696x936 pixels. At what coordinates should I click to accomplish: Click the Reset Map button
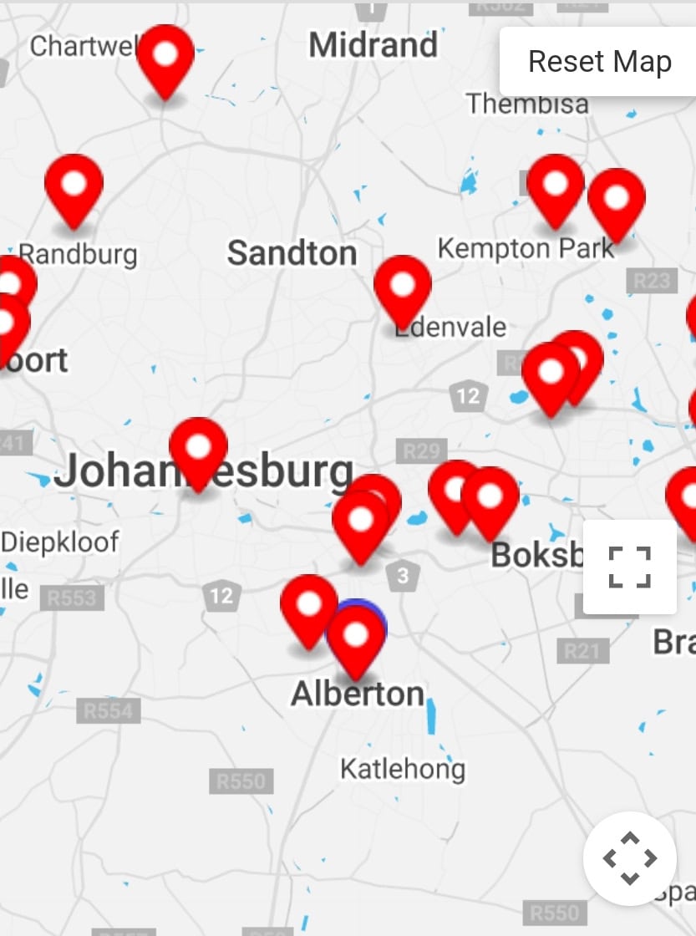point(599,62)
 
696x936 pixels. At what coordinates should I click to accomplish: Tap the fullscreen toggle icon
point(629,567)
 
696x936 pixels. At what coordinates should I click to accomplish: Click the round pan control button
point(629,857)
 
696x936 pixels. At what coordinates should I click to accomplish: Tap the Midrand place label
point(373,45)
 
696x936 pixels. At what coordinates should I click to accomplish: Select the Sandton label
point(292,253)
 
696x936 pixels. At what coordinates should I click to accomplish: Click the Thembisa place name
point(527,104)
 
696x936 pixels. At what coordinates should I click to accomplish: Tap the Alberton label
point(357,694)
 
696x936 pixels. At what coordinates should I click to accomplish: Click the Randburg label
point(78,254)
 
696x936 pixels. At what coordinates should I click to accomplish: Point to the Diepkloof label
point(60,542)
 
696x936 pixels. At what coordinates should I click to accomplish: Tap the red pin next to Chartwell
point(165,56)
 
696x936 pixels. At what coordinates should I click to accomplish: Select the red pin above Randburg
point(74,186)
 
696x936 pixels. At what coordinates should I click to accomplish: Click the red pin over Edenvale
point(402,286)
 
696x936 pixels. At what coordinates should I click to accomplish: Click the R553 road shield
point(72,598)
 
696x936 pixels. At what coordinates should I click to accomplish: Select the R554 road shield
point(109,710)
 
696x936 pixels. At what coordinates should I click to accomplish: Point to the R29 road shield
point(420,451)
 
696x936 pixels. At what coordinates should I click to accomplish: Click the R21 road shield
point(582,651)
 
